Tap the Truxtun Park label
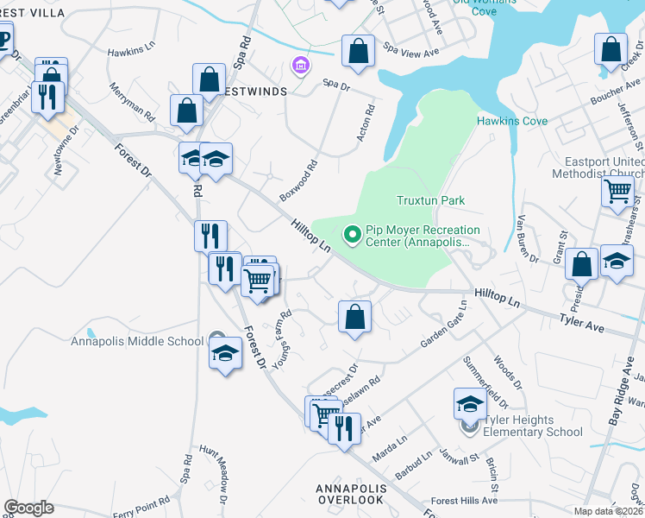point(430,200)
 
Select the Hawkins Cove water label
point(512,121)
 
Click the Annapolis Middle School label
point(138,341)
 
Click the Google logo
point(28,508)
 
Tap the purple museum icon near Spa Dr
point(301,66)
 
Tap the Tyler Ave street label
point(585,327)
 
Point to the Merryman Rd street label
point(132,101)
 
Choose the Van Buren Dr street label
point(527,239)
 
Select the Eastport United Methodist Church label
point(604,168)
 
